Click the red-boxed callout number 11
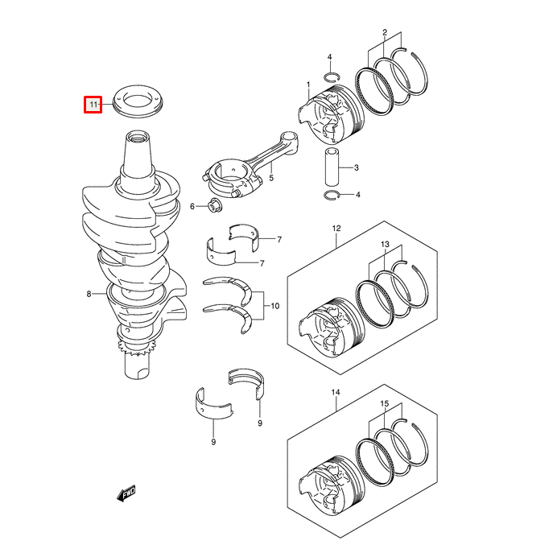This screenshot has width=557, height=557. tap(93, 104)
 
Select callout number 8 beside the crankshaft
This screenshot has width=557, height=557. tap(89, 295)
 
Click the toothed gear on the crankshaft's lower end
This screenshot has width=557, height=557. tap(135, 349)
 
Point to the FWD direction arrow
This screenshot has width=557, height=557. tap(127, 493)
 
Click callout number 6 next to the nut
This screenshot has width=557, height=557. tap(192, 207)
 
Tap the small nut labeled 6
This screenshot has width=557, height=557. tap(213, 206)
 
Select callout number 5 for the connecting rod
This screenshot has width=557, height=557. tap(271, 178)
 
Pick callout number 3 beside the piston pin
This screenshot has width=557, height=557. tap(357, 167)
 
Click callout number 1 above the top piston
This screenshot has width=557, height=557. tap(307, 85)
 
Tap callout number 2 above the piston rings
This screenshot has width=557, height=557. tap(385, 33)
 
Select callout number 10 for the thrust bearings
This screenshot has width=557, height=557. tap(274, 306)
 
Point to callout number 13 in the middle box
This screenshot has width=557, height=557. tap(385, 244)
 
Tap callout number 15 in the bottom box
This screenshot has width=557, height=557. tap(385, 404)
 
